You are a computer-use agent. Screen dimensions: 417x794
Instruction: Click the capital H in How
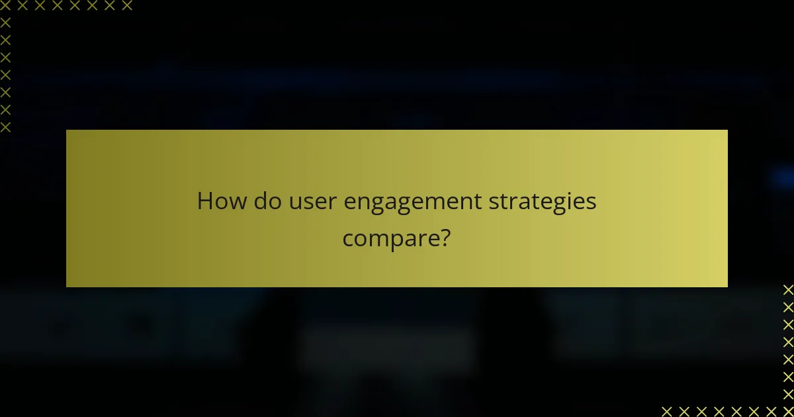[206, 201]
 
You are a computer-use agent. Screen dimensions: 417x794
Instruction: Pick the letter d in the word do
[260, 201]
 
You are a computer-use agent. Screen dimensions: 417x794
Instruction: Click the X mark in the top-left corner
[5, 6]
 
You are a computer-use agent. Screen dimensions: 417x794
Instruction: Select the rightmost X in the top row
[126, 6]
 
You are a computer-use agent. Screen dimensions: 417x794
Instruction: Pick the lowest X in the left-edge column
[5, 127]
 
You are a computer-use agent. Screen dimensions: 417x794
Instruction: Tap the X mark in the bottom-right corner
[788, 411]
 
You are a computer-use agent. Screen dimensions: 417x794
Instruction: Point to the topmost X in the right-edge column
[788, 290]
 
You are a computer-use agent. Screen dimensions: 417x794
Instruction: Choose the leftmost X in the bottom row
[667, 411]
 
